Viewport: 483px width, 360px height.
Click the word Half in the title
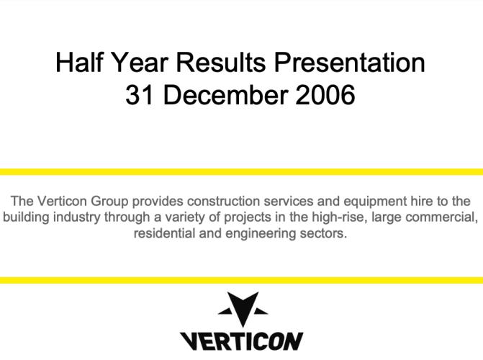79,62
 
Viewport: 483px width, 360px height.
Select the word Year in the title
139,62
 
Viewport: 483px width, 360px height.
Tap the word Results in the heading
220,62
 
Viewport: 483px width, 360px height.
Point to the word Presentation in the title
350,62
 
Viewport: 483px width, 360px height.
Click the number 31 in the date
139,94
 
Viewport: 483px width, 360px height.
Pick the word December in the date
225,94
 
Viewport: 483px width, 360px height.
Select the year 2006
325,94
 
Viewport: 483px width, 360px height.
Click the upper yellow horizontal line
242,171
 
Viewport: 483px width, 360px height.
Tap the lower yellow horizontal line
242,280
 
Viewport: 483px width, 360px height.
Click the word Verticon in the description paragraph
62,202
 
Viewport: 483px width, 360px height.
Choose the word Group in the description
109,202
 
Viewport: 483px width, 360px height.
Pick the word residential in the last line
165,233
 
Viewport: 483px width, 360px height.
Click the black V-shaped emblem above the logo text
243,309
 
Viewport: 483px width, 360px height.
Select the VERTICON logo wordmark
242,341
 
